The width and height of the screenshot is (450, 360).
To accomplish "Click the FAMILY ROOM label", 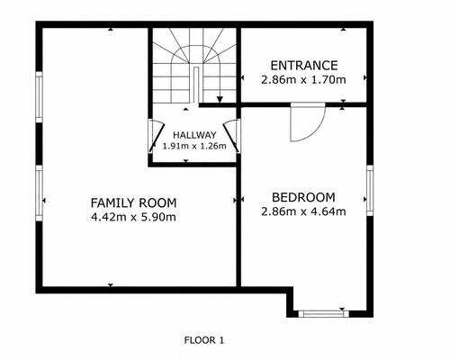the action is click(133, 203).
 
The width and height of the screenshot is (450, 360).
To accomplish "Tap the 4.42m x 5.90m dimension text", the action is click(133, 217).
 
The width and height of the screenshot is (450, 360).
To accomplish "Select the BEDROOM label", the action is click(303, 197).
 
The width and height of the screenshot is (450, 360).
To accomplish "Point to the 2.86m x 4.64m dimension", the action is click(303, 211).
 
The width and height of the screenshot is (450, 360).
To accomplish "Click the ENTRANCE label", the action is click(304, 66).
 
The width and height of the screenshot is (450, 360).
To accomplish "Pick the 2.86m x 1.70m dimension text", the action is click(303, 80).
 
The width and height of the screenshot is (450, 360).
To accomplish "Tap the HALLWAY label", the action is click(194, 135).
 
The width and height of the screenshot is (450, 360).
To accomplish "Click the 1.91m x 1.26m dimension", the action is click(194, 147).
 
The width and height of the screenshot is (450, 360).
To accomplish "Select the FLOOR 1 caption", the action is click(204, 340).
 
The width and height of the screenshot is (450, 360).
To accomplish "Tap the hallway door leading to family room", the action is click(157, 136).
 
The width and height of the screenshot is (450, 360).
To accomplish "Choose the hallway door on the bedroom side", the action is click(232, 136).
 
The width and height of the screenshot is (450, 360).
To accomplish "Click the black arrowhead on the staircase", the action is click(220, 100).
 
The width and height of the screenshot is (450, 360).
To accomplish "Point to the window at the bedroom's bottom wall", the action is click(323, 314).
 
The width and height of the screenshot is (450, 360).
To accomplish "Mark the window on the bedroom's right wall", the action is click(370, 190).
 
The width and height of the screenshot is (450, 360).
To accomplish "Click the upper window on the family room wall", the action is click(40, 97).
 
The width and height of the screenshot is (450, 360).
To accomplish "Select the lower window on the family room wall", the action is click(40, 193).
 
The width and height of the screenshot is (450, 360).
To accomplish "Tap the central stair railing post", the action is click(196, 85).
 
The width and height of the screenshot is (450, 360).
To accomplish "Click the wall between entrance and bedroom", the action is click(304, 104).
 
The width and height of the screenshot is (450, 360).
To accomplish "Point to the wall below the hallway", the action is click(194, 165).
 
